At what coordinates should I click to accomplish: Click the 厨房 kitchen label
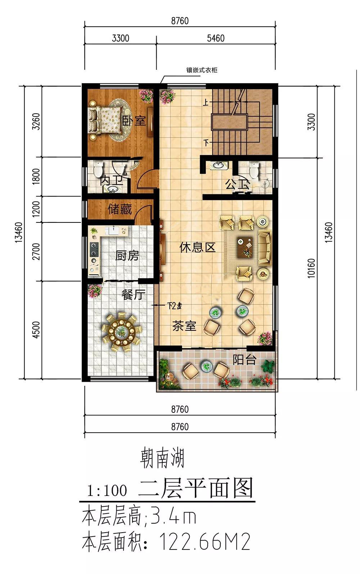coord(127,256)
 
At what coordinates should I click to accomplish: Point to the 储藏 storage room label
coord(120,209)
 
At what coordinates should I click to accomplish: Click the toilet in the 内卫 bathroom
coord(98,169)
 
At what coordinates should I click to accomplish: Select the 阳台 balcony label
coord(244,360)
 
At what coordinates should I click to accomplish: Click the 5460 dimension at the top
coord(216,38)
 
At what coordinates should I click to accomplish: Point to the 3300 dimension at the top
coord(121,38)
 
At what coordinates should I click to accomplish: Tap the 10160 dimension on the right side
coord(311,268)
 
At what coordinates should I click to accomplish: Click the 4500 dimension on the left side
coord(37,330)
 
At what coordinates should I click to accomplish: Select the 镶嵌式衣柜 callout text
coord(202,70)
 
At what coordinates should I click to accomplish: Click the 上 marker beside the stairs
coord(206,103)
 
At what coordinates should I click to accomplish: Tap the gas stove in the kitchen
coord(94,250)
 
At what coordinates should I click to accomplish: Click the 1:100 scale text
coord(107,491)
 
